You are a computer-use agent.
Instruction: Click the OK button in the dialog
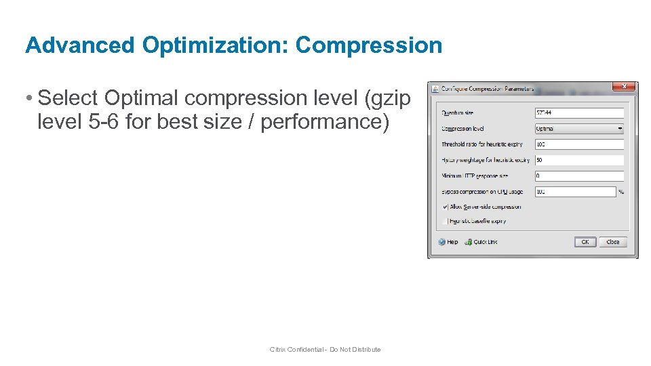point(585,242)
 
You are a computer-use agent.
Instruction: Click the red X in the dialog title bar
point(624,87)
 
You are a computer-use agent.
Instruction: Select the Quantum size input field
point(578,113)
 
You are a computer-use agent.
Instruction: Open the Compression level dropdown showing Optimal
point(578,129)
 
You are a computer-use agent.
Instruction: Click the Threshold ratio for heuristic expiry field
point(578,144)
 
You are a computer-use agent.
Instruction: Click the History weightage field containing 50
point(578,161)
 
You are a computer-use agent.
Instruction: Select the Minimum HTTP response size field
point(578,176)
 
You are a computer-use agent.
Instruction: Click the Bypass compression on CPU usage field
point(574,192)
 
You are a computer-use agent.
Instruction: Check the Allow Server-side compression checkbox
point(446,207)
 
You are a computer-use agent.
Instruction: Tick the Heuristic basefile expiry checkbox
point(446,221)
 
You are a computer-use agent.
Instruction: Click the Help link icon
point(442,242)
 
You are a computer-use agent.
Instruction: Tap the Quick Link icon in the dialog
point(469,242)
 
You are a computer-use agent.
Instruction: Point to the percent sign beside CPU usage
point(620,192)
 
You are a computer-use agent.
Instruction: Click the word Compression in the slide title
point(369,45)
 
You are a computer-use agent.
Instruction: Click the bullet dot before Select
point(30,99)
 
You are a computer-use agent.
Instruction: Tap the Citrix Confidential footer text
point(325,350)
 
